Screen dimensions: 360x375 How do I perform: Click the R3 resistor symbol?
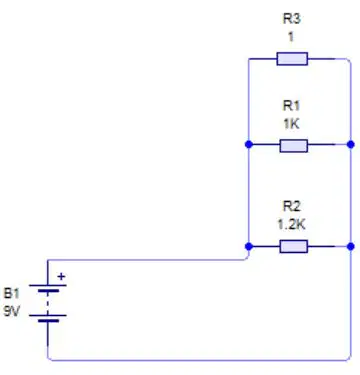point(292,59)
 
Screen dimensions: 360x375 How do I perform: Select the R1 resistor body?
point(293,146)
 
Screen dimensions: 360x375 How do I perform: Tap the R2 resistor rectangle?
point(293,247)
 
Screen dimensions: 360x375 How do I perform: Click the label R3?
point(292,19)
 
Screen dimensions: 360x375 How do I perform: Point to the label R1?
point(292,106)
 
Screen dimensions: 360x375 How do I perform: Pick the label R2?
point(292,206)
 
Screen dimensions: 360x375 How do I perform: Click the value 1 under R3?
point(291,37)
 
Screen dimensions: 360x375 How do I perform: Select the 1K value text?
point(291,124)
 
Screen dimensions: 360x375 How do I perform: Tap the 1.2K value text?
point(291,224)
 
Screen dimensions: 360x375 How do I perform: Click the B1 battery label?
point(12,294)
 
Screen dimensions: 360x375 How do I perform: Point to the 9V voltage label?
point(12,311)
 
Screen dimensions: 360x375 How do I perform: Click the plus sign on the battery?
point(61,276)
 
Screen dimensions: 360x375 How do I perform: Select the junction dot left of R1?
point(249,144)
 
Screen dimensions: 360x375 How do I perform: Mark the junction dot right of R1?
point(351,144)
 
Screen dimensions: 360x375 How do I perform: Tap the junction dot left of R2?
point(249,246)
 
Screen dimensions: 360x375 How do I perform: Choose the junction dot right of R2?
point(351,246)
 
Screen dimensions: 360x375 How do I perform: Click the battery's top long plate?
point(48,285)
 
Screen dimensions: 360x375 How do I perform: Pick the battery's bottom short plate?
point(48,321)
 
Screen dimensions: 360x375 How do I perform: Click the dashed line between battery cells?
point(48,303)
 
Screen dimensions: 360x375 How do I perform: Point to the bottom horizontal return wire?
point(199,360)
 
